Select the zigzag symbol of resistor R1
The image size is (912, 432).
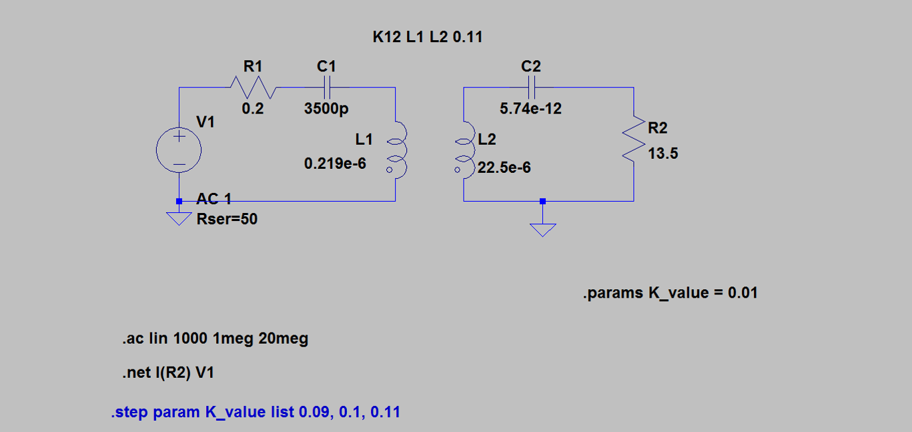tap(253, 87)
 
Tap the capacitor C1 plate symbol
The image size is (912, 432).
tap(327, 87)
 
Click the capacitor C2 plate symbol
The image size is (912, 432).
tap(531, 87)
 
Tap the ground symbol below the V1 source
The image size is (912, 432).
tap(179, 218)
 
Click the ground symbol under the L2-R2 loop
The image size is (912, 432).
tap(543, 229)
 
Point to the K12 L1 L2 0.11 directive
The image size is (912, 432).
tap(427, 37)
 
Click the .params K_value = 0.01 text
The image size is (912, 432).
tap(670, 292)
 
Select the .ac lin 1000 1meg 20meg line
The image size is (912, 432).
tap(215, 339)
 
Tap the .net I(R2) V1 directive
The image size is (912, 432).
tap(168, 373)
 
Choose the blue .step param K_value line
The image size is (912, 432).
tap(256, 412)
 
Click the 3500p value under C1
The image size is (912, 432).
tap(326, 109)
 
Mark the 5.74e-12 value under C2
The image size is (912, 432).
tap(531, 108)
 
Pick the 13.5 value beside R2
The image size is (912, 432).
tap(663, 154)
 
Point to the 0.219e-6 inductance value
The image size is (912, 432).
tap(335, 163)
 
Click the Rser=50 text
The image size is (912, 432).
tap(227, 218)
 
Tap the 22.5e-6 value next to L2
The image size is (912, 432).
tap(505, 168)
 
